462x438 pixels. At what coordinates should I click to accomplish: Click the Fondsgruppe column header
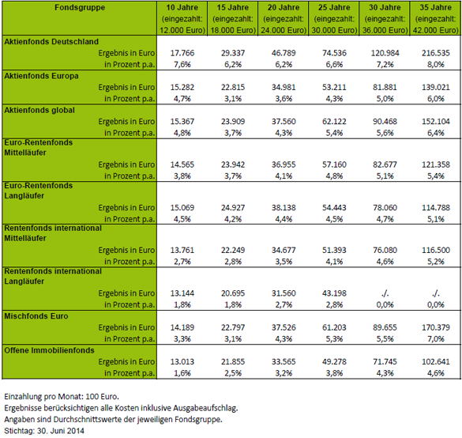coord(80,7)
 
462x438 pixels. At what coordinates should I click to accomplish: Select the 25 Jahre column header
coord(334,19)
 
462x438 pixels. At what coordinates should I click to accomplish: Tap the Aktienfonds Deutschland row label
coord(51,42)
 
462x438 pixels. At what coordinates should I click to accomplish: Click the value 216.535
coord(435,53)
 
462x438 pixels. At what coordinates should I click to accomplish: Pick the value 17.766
coord(182,53)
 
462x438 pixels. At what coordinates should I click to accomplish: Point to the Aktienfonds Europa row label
coord(41,76)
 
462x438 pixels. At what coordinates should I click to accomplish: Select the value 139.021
coord(435,87)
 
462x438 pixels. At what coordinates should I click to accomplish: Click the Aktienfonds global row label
coord(39,110)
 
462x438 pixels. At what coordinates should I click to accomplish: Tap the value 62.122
coord(334,122)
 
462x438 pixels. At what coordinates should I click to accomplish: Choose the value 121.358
coord(435,164)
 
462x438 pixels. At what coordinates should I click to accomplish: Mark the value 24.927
coord(233,208)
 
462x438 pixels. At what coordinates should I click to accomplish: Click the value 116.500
coord(435,250)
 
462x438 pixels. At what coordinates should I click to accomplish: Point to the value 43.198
coord(334,293)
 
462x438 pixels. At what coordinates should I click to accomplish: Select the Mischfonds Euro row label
coord(36,316)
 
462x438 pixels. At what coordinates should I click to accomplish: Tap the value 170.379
coord(435,327)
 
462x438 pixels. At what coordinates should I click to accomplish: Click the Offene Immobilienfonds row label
coord(49,350)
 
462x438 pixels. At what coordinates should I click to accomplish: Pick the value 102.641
coord(435,361)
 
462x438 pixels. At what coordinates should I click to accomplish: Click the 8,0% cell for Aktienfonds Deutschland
coord(435,64)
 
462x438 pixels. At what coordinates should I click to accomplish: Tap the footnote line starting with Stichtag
coord(44,431)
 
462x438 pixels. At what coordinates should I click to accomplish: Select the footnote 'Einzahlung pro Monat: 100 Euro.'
coord(62,396)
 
